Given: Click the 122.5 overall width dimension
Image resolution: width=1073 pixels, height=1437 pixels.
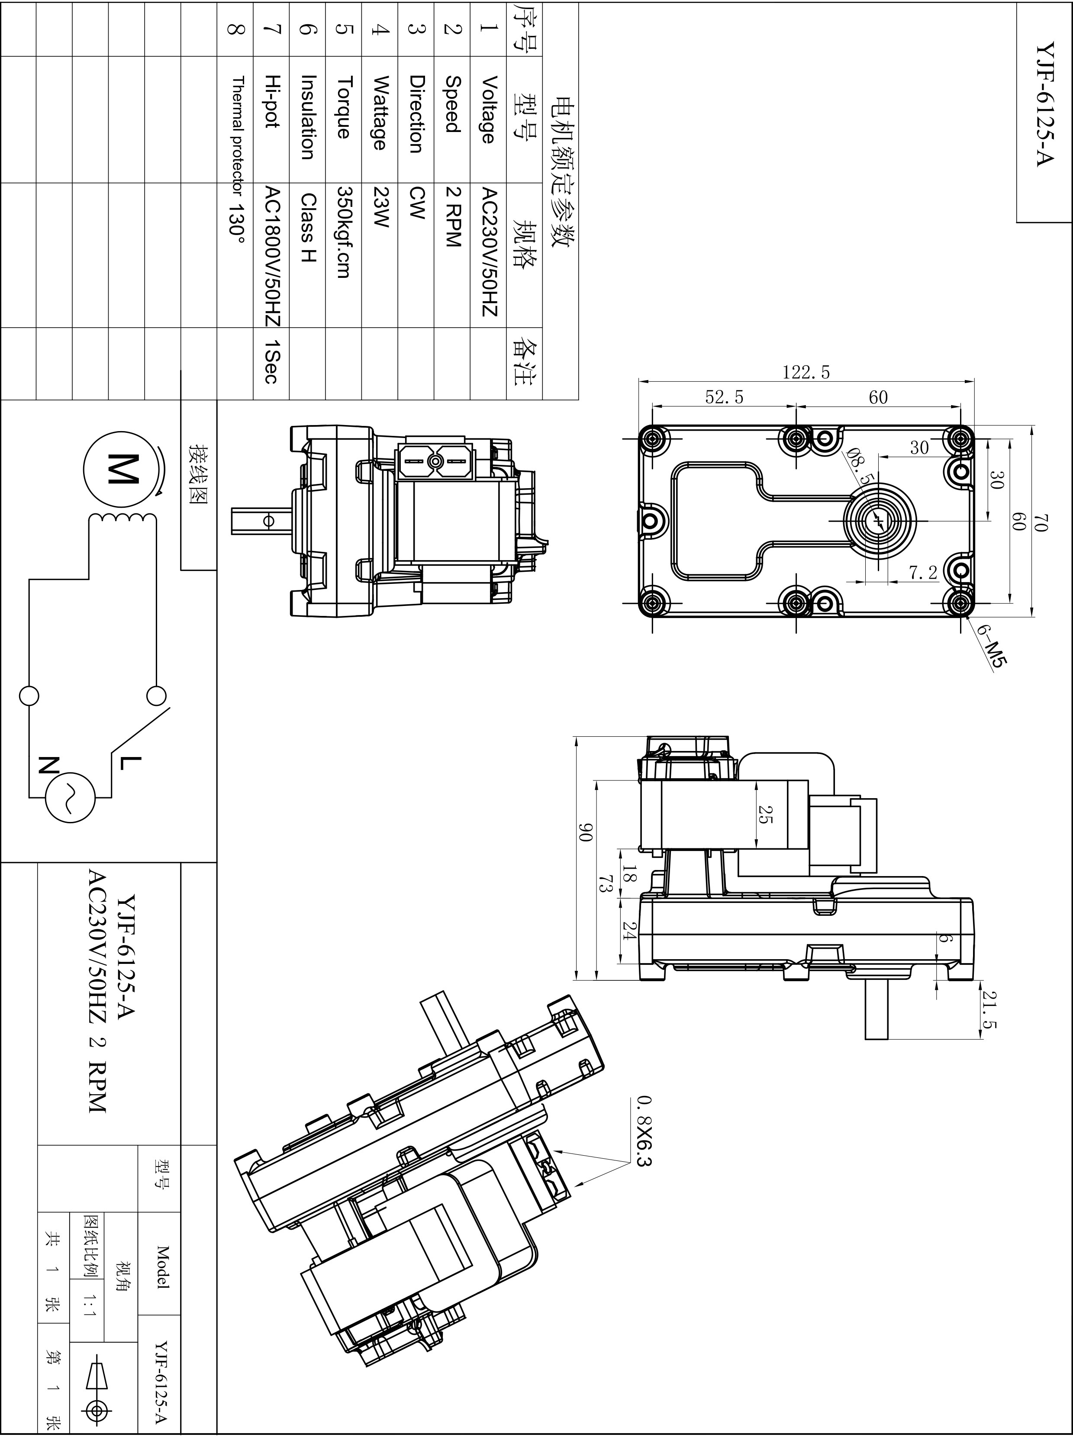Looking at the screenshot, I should click(x=806, y=372).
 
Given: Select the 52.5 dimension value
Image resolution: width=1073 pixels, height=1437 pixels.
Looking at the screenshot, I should click(x=724, y=397).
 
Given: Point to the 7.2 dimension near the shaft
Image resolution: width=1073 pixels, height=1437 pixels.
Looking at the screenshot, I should click(x=923, y=572).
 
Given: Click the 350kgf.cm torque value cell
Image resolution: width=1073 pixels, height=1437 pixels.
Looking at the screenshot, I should click(x=344, y=232).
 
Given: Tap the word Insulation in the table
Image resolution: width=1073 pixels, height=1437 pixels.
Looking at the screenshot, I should click(x=308, y=117).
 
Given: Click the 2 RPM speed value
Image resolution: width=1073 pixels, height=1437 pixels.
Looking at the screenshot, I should click(x=453, y=216).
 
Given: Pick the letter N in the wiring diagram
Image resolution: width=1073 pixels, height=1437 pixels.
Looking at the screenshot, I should click(x=48, y=764).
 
